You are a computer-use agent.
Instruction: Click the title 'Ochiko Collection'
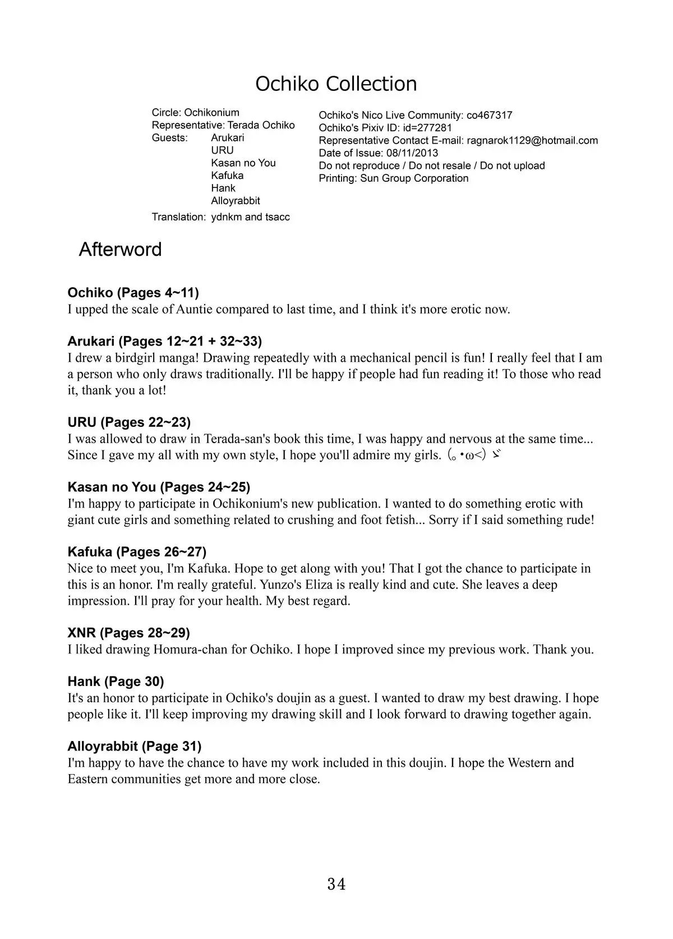click(336, 84)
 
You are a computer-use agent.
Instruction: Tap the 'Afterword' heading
click(120, 250)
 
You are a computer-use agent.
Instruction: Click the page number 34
click(336, 885)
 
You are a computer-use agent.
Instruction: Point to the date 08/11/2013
click(412, 153)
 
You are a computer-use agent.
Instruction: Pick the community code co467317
click(489, 115)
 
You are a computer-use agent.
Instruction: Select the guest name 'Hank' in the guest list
click(223, 188)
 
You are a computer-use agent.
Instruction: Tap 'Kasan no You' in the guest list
click(243, 163)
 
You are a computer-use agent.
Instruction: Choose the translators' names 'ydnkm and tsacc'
click(250, 217)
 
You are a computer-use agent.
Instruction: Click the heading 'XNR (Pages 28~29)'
click(128, 633)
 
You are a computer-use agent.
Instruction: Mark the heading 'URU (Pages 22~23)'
click(129, 422)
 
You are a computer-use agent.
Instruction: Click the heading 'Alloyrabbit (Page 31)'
click(134, 746)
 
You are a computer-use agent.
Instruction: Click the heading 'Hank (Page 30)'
click(116, 682)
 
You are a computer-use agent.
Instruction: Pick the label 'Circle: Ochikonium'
click(195, 112)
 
